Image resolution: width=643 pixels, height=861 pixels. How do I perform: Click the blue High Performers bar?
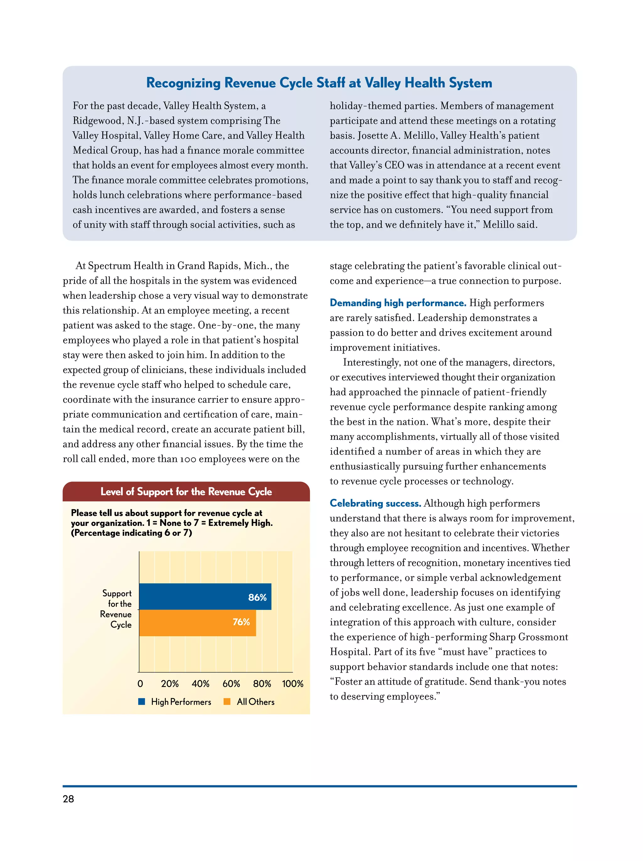[205, 596]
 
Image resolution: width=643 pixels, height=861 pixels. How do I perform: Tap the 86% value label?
[257, 597]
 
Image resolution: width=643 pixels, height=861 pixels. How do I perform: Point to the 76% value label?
[241, 622]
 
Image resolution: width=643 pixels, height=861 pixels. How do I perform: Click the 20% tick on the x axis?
[170, 684]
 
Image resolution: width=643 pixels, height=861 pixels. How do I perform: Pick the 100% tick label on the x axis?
[293, 684]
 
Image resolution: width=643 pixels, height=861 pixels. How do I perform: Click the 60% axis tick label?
[231, 684]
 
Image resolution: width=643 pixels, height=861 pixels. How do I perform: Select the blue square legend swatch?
[142, 701]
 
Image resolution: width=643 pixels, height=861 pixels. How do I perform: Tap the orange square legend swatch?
[227, 701]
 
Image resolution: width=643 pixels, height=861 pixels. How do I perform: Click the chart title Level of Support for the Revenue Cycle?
[186, 492]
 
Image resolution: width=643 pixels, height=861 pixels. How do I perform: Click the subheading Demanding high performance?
[397, 303]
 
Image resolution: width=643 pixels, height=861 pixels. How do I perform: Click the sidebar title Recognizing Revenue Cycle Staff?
[319, 83]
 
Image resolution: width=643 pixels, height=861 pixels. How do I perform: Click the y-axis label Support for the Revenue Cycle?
[116, 609]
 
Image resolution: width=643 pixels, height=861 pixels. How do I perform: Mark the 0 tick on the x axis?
[140, 684]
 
